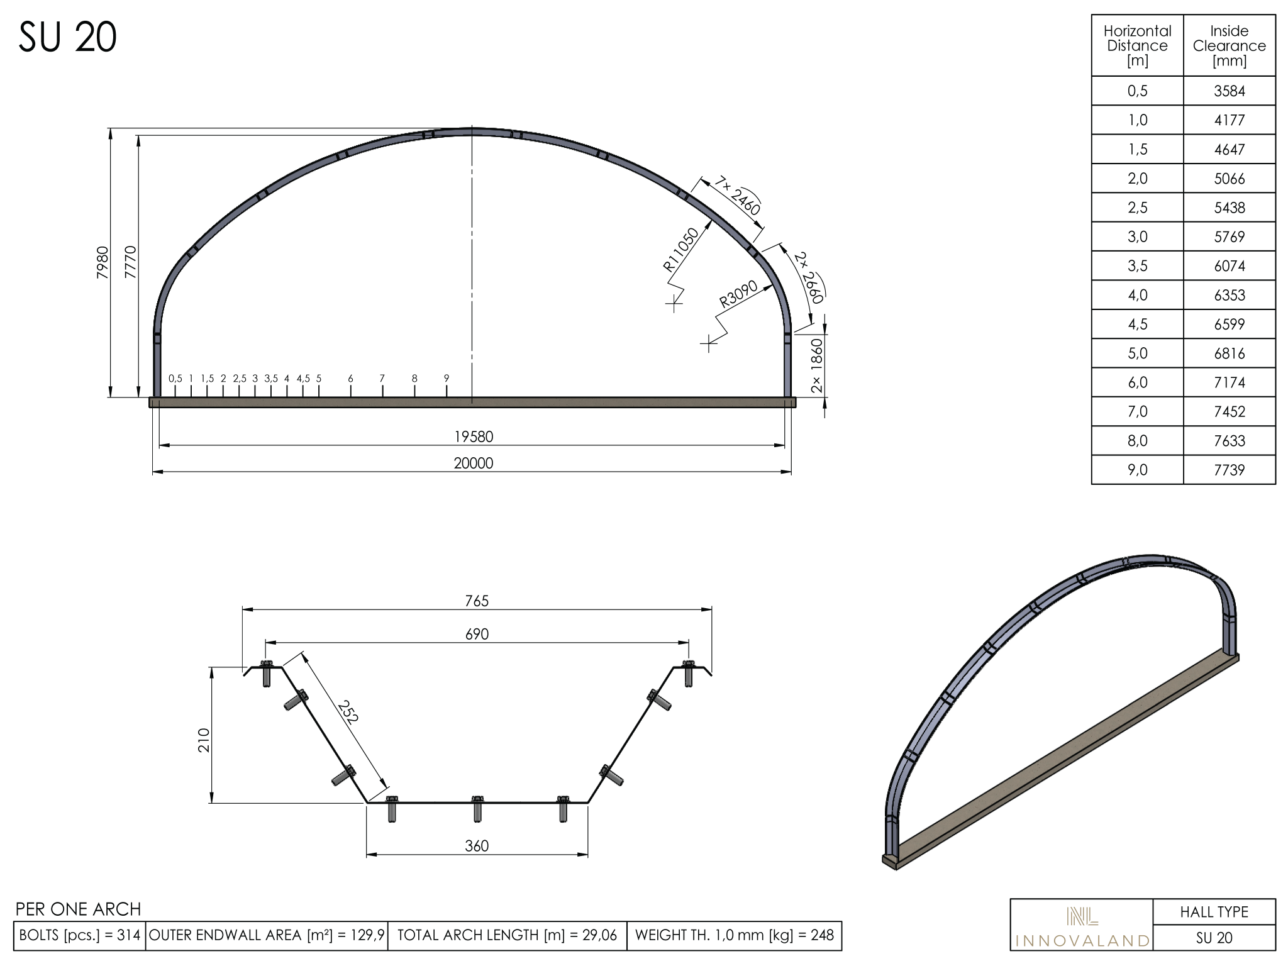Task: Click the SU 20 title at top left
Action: tap(67, 37)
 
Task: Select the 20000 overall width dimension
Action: tap(474, 464)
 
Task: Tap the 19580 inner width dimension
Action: tap(474, 436)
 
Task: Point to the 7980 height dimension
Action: tap(103, 263)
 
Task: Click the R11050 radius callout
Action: tap(681, 250)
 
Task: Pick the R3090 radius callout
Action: tap(738, 294)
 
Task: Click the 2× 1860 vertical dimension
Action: tap(816, 365)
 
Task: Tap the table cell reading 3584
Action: tap(1230, 91)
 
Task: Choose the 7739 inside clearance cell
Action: tap(1230, 470)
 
